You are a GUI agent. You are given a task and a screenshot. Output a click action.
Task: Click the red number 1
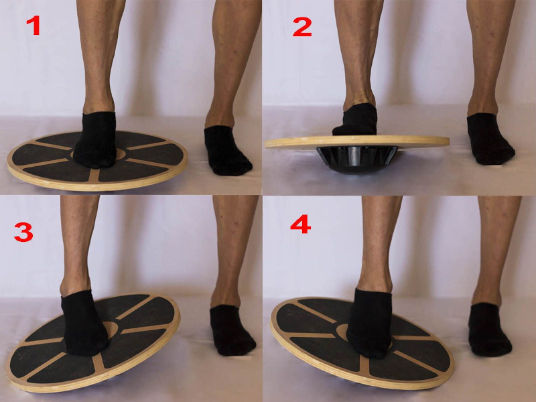[x=33, y=25]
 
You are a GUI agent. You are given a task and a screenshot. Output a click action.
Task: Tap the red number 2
[x=302, y=27]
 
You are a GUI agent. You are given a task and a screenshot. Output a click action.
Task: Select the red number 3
[x=23, y=232]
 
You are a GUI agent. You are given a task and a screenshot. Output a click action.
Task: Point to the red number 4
[x=300, y=224]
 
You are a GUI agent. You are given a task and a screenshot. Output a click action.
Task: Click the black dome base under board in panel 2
[x=357, y=159]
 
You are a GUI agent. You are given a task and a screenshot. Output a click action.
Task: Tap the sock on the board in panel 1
[x=95, y=139]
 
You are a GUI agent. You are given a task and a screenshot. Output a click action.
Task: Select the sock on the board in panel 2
[x=356, y=119]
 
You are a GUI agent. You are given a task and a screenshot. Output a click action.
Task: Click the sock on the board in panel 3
[x=84, y=324]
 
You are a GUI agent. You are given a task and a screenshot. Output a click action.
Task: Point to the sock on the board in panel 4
[x=370, y=324]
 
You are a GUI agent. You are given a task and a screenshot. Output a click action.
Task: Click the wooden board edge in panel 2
[x=357, y=142]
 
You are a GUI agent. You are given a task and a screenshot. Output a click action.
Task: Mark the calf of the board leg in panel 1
[x=99, y=44]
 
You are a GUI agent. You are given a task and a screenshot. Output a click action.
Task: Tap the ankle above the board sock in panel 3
[x=76, y=283]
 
